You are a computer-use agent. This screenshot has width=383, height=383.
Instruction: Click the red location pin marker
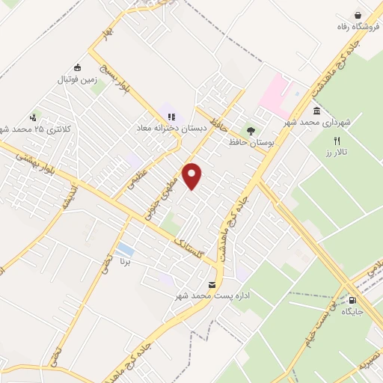tap(193, 175)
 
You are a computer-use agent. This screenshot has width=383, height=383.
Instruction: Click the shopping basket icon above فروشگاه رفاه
tap(358, 15)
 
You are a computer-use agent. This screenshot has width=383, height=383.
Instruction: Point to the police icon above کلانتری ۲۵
tap(33, 117)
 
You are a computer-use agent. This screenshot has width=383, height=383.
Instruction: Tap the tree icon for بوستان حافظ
tap(251, 130)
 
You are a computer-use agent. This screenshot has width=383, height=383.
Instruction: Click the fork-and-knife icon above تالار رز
tap(337, 140)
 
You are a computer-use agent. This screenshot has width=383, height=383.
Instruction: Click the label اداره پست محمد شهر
tap(212, 296)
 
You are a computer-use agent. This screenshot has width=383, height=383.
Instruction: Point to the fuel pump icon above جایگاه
tap(352, 301)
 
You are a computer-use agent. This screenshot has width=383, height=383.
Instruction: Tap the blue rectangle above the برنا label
tap(126, 249)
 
